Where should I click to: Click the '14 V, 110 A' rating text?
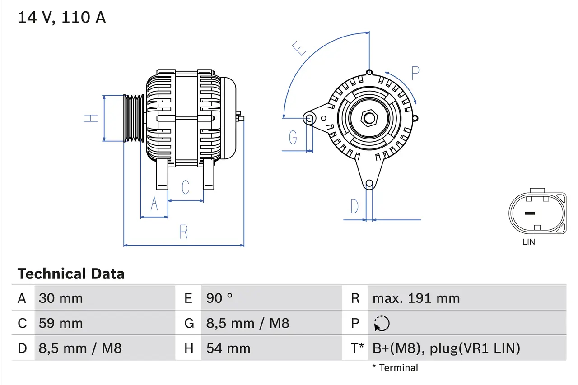coord(61,18)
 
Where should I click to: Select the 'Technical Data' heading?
coord(71,274)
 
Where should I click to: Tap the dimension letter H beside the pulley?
coord(91,118)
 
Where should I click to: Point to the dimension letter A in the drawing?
coord(154,204)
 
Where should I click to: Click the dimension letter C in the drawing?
coord(185,187)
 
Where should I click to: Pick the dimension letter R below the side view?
coord(183,232)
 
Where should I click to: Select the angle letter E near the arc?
coord(299,48)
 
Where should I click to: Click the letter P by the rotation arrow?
coord(415,73)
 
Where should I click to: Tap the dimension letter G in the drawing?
coord(293,137)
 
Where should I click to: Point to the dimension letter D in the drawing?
coord(354,206)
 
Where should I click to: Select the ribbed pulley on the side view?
coord(134,118)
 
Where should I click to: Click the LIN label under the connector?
coord(528,242)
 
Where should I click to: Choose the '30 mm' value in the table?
coord(61,298)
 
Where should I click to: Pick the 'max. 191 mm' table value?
coord(416,298)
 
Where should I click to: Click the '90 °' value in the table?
coord(219,298)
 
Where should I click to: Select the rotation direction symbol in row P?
coord(382,323)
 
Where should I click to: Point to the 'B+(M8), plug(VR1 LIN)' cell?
coord(446,348)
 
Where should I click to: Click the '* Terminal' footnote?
coord(395,368)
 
